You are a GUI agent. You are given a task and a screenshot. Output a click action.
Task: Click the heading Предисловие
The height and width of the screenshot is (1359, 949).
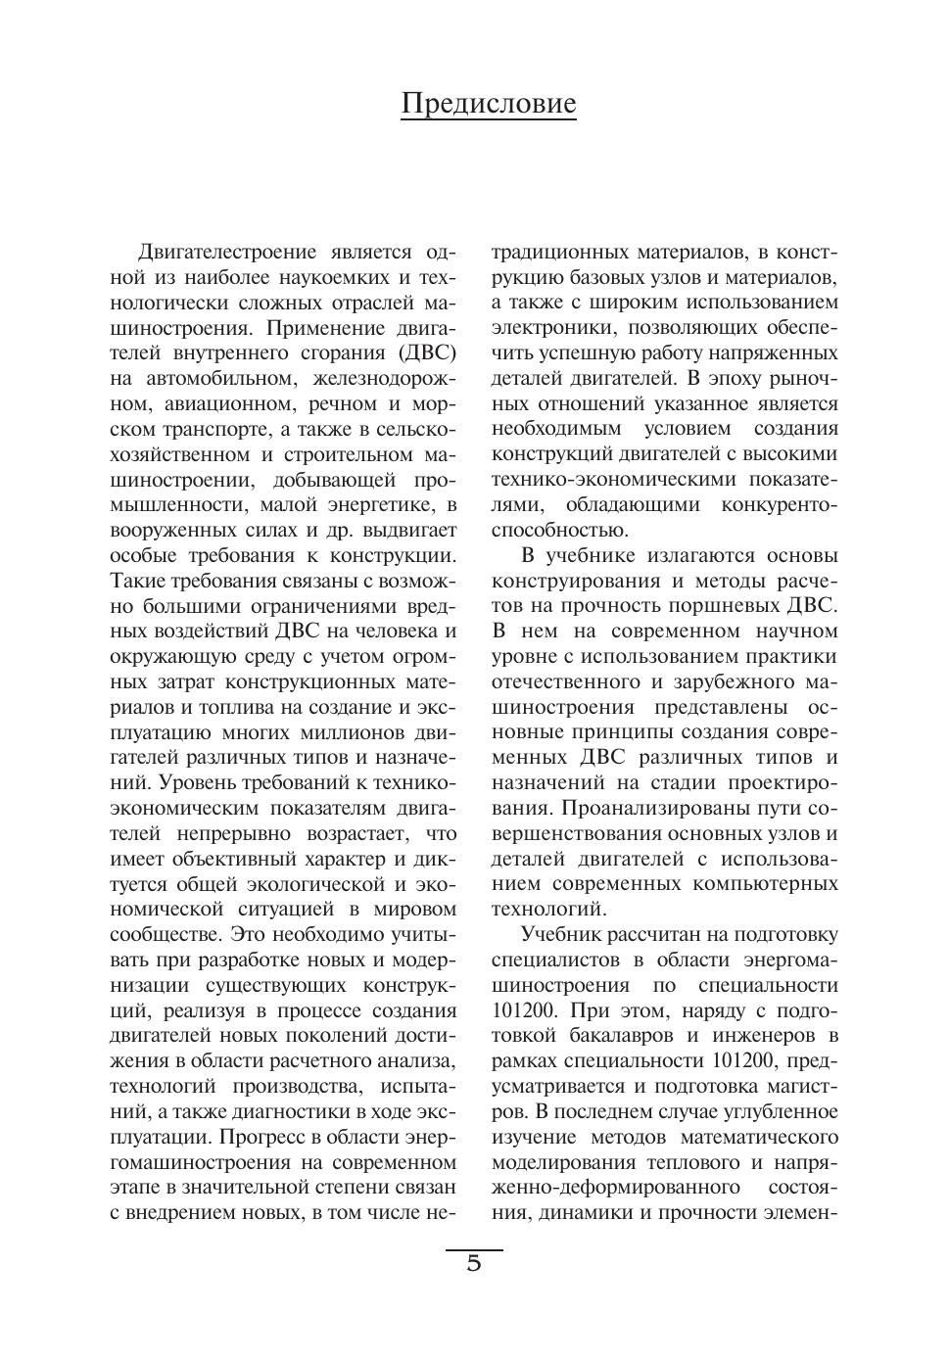tap(488, 104)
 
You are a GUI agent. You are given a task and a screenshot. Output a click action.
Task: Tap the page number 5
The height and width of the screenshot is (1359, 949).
tap(474, 1264)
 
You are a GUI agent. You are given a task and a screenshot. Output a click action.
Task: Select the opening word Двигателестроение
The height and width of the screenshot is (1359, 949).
tap(228, 252)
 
